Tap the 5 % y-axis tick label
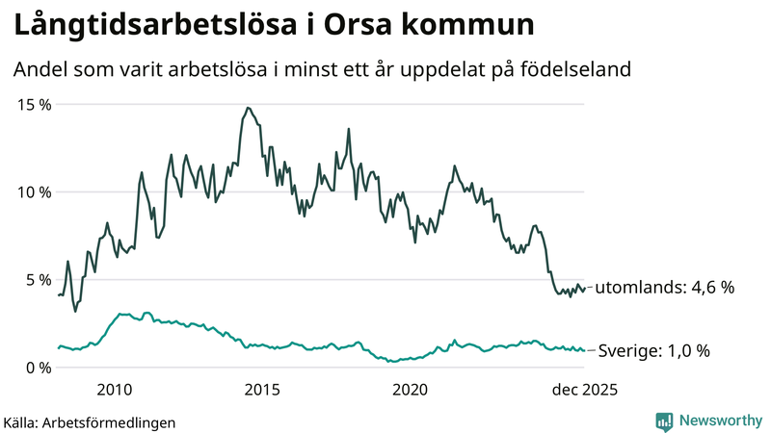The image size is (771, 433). pos(38,279)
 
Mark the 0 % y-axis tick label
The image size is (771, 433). pos(38,367)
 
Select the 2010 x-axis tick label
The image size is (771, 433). pos(114,390)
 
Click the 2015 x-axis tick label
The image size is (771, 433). pos(262,390)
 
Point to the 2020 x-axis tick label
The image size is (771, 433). pos(411,390)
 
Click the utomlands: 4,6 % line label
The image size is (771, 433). pos(665,288)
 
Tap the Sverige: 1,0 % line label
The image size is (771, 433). pos(654,351)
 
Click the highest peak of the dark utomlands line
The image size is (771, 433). pos(248,108)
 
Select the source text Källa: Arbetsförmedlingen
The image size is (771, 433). pos(90,421)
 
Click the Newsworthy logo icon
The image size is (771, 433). pos(664,420)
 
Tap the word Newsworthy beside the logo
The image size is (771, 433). pos(719,420)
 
